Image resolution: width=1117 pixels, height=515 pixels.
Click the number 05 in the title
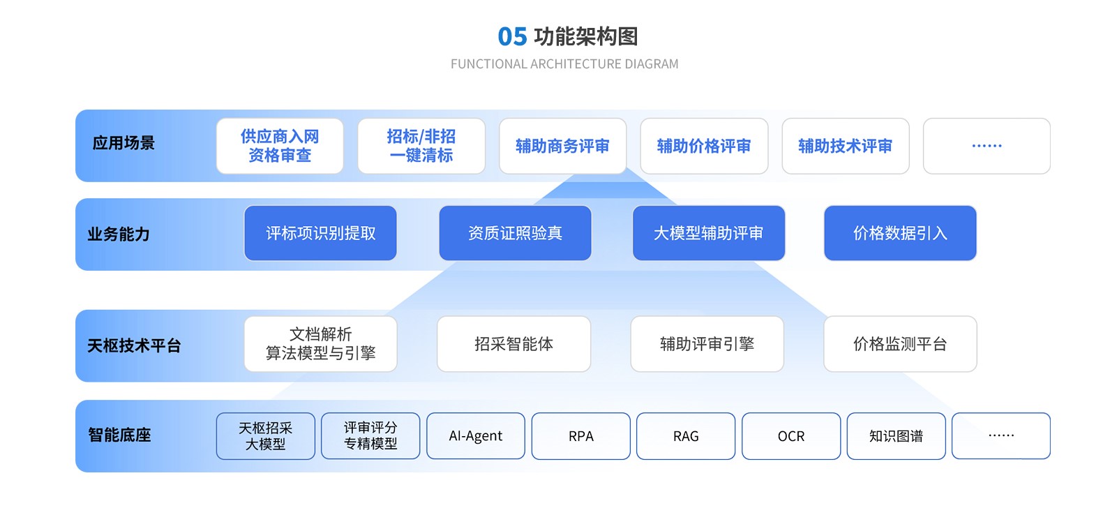click(512, 36)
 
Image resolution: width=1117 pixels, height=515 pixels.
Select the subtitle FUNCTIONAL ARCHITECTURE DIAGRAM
click(564, 64)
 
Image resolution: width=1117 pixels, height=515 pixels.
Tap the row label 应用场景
click(123, 143)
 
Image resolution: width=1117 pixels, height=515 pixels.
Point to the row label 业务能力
click(119, 234)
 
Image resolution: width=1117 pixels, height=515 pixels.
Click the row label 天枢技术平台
click(134, 345)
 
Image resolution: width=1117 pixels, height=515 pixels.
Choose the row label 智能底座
click(119, 435)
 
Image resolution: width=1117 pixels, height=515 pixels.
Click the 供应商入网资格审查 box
click(280, 146)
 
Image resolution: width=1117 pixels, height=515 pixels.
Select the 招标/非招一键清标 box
click(421, 146)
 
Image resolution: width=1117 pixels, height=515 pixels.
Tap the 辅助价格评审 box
click(704, 146)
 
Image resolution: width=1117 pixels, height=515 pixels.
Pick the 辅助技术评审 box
click(846, 146)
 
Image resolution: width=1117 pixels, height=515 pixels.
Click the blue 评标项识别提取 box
click(321, 233)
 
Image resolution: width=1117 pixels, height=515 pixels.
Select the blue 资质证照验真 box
click(515, 233)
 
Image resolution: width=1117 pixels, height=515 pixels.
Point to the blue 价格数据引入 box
click(900, 233)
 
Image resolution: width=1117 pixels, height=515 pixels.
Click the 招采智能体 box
click(514, 344)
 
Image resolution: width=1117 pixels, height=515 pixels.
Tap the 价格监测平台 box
click(900, 344)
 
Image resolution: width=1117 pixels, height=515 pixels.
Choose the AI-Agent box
click(476, 436)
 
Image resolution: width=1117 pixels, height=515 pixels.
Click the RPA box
click(581, 436)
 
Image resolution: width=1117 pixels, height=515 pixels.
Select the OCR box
click(791, 436)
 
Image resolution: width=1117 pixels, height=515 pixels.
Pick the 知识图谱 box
click(896, 436)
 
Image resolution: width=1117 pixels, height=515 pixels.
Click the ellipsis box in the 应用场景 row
click(987, 146)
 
